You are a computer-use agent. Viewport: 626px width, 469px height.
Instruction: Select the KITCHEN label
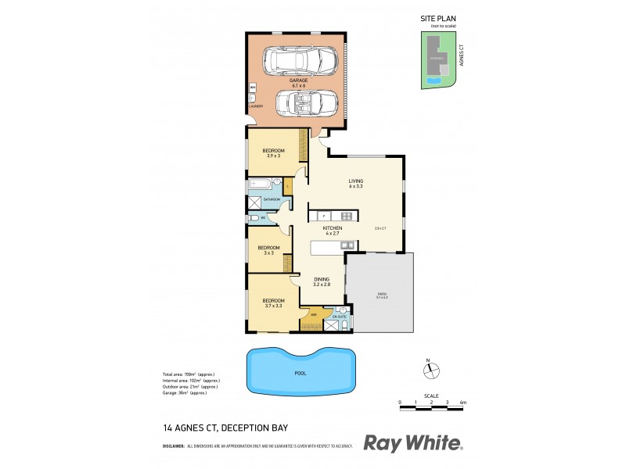[x=333, y=228]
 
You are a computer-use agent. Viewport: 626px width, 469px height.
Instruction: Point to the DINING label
[x=322, y=279]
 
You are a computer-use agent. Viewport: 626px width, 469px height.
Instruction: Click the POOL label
[x=300, y=373]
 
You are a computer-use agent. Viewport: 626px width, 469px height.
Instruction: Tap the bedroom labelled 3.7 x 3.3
[x=273, y=301]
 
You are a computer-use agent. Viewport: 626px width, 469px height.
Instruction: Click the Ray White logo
[x=413, y=443]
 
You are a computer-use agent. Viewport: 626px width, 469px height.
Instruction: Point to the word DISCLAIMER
[x=173, y=446]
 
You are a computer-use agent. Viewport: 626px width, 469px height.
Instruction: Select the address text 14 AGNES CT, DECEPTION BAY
[x=225, y=428]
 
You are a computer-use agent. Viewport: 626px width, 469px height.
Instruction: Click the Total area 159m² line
[x=189, y=374]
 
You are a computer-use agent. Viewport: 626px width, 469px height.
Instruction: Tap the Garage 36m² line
[x=184, y=392]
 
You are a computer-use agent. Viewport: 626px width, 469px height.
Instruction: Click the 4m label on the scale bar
[x=462, y=402]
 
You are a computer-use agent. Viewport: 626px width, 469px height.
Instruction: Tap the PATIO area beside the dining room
[x=381, y=294]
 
